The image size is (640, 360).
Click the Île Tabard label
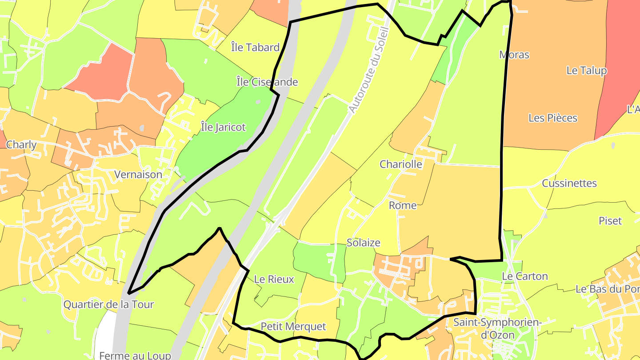(x=255, y=48)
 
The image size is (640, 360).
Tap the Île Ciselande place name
(x=267, y=82)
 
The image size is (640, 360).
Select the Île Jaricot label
(x=223, y=127)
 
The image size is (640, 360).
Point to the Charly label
(x=21, y=144)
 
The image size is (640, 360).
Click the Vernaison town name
(x=138, y=175)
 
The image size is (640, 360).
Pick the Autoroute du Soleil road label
(x=369, y=70)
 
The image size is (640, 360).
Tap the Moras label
(x=514, y=55)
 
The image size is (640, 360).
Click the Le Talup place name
(x=586, y=70)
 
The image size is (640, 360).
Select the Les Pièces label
(x=553, y=118)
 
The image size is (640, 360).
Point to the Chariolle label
(x=401, y=164)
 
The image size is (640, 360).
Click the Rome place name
(x=403, y=205)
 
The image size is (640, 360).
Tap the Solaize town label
(x=364, y=243)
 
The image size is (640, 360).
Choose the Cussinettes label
(x=569, y=183)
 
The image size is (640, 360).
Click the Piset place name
(x=610, y=221)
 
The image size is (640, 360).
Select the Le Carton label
(x=525, y=276)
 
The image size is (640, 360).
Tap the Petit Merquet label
(x=293, y=326)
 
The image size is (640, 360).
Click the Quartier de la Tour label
(x=108, y=304)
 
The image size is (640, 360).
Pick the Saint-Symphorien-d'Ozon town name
(x=497, y=328)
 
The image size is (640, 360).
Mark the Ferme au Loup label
(x=135, y=355)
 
